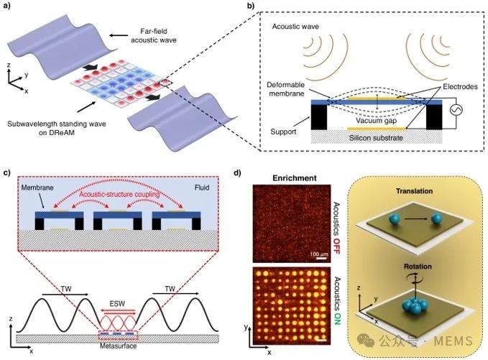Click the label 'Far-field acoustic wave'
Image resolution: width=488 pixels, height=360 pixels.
(x=153, y=35)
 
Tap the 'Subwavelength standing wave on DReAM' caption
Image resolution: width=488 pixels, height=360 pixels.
(x=57, y=129)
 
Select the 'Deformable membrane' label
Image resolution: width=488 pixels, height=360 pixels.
(x=285, y=89)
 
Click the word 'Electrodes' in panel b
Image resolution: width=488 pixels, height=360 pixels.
(x=460, y=86)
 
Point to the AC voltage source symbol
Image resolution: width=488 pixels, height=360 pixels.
(x=456, y=109)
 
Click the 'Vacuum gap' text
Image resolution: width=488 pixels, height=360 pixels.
(x=377, y=121)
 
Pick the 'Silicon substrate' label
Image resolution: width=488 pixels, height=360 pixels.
(x=376, y=137)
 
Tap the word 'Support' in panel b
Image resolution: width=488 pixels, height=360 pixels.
(x=283, y=131)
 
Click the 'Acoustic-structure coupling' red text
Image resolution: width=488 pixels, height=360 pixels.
(x=119, y=195)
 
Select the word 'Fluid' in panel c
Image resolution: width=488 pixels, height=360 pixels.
(x=202, y=188)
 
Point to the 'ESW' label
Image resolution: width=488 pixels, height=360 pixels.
(x=117, y=304)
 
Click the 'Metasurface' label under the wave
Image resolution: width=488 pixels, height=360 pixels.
(x=118, y=346)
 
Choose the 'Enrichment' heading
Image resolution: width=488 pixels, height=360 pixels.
(x=295, y=178)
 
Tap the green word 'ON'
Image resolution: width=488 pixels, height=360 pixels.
(x=336, y=320)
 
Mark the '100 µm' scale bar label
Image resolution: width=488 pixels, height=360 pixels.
(x=318, y=254)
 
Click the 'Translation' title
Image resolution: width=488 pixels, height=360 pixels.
(x=414, y=191)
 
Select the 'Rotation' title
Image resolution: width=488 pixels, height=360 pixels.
(x=418, y=267)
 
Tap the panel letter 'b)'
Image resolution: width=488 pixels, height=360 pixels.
(x=251, y=6)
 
